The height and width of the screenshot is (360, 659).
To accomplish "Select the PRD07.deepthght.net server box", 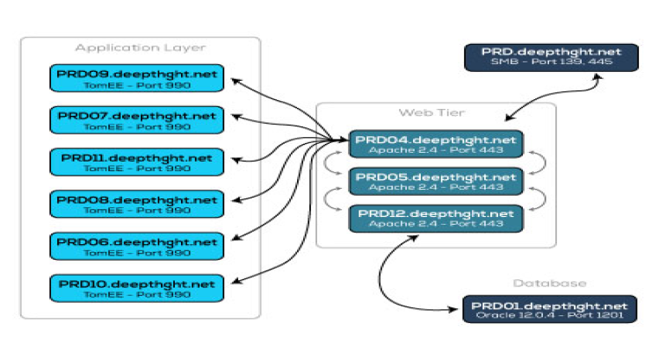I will point(136,120).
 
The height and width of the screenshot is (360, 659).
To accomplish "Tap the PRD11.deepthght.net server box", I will point(136,162).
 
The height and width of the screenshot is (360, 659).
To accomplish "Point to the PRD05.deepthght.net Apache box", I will point(436,182).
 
